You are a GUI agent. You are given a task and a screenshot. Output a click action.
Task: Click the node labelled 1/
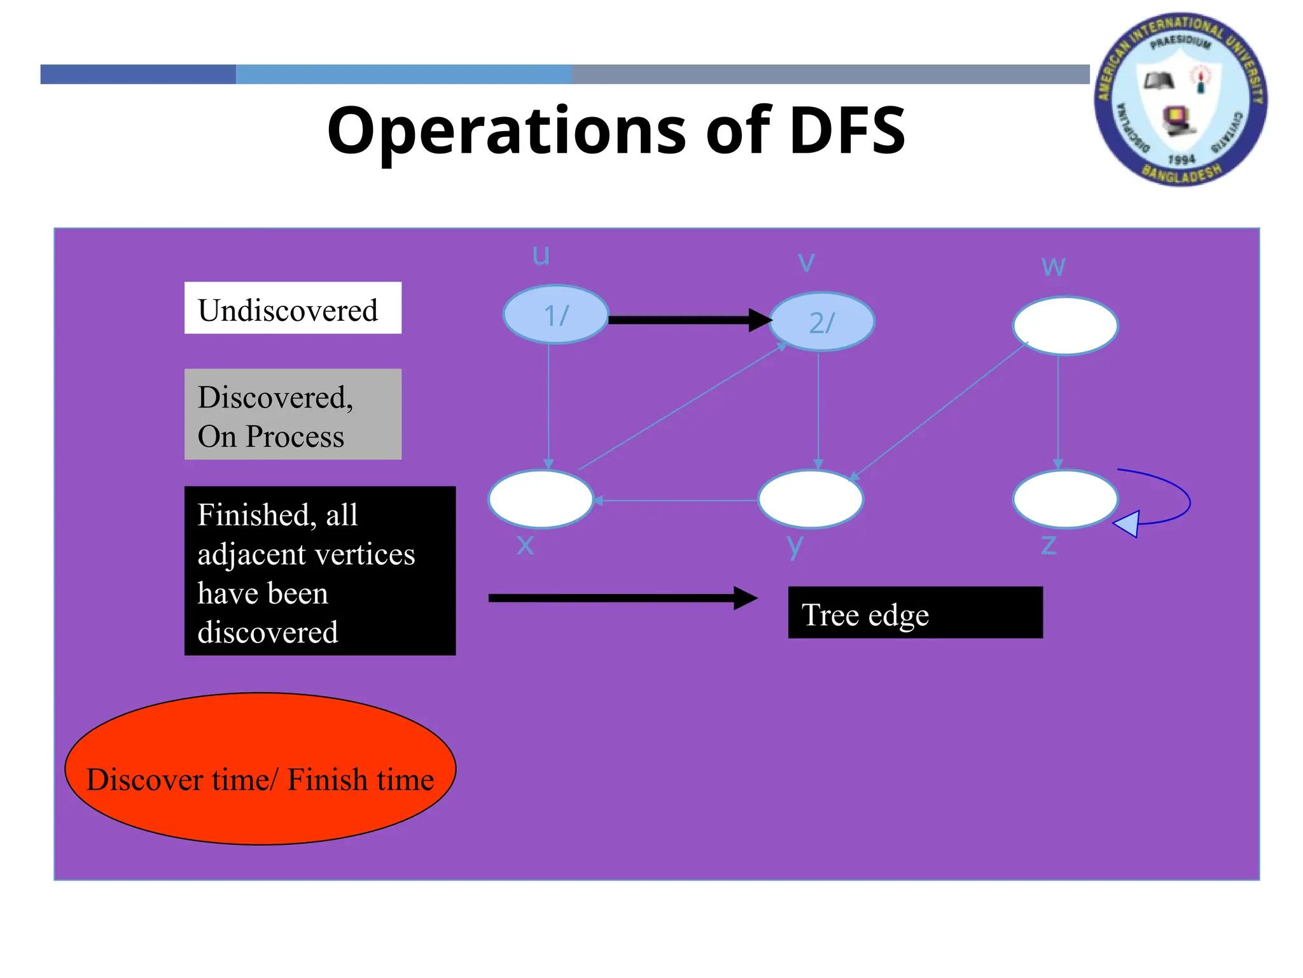(x=555, y=315)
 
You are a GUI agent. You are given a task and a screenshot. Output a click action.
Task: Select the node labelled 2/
(x=821, y=322)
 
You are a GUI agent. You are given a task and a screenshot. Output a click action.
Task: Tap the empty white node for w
(x=1065, y=325)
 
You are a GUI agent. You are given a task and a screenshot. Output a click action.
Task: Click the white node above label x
(x=540, y=499)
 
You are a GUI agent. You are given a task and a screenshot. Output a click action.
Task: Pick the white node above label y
(x=811, y=499)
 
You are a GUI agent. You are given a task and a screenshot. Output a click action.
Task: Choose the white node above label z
(x=1065, y=499)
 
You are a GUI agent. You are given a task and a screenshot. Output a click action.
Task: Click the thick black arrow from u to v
(x=687, y=320)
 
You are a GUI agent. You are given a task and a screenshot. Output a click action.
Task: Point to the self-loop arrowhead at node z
(x=1127, y=524)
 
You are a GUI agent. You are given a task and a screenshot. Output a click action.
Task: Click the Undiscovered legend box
(x=293, y=308)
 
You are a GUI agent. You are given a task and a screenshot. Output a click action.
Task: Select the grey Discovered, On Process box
(x=293, y=414)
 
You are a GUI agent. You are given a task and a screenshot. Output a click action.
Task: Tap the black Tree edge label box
(x=915, y=613)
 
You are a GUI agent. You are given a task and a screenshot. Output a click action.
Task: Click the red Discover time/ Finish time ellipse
(x=260, y=769)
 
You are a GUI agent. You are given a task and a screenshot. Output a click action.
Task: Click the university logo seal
(x=1180, y=99)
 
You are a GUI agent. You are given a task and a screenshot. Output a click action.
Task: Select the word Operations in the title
(x=506, y=131)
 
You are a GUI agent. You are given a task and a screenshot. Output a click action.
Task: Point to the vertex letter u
(x=541, y=255)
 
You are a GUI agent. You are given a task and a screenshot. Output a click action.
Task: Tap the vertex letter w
(x=1053, y=266)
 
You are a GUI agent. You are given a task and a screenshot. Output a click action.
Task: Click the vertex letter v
(x=806, y=261)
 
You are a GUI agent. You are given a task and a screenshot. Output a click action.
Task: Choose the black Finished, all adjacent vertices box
(x=320, y=570)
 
